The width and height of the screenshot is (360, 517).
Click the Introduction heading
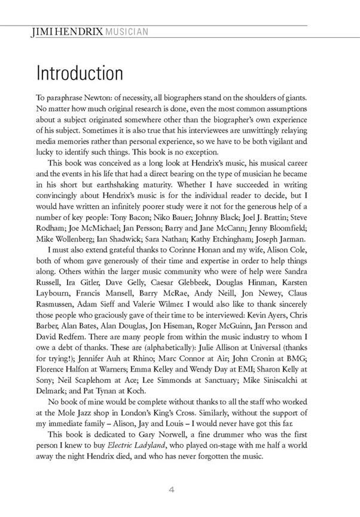[x=80, y=74]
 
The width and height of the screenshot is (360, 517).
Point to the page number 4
[x=171, y=490]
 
